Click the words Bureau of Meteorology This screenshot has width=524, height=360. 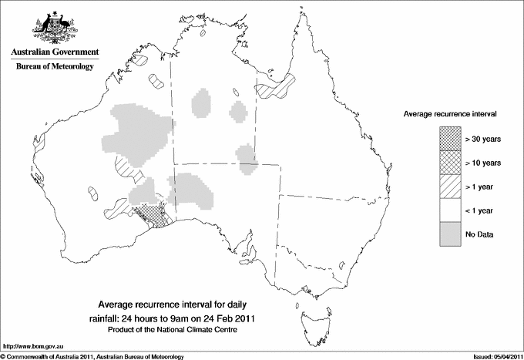(x=54, y=66)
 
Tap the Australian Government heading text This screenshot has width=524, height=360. (x=54, y=52)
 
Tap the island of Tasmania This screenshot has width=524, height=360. (x=309, y=312)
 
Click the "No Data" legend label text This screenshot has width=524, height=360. (x=479, y=234)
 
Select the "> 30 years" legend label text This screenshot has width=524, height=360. (x=483, y=138)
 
